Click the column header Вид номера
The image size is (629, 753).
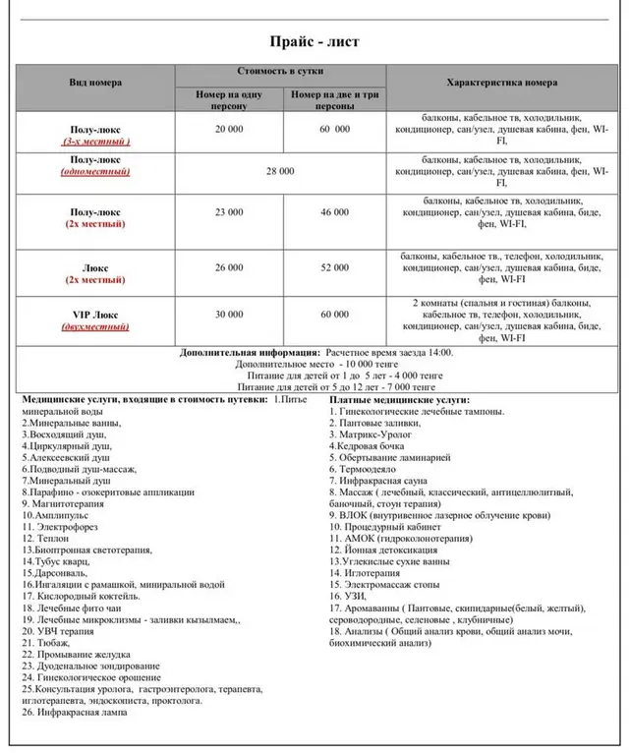pos(95,83)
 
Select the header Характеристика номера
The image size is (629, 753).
pos(501,83)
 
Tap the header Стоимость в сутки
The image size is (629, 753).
pos(280,73)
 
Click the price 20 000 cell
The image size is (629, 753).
pos(228,129)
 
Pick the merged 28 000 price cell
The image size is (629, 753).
pos(279,172)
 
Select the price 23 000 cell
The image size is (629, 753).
pos(228,211)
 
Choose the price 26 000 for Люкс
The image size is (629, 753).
pos(228,266)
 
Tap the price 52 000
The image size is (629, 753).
pos(334,266)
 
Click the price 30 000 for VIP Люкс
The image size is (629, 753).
pos(228,314)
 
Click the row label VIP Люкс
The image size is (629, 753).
pos(95,313)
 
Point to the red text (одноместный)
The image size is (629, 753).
pos(95,171)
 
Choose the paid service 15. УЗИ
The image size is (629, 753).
pos(352,597)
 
